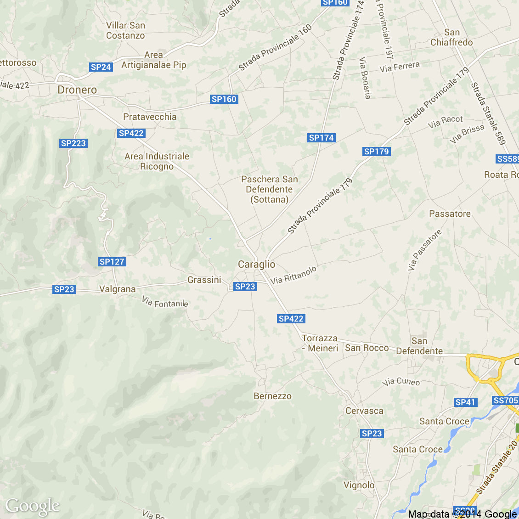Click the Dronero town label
[77, 90]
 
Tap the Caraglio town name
[256, 264]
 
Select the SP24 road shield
[101, 67]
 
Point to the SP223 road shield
[73, 143]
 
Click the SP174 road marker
[322, 138]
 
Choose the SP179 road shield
[376, 152]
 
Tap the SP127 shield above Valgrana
[112, 262]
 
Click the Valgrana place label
[118, 289]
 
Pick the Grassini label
[204, 280]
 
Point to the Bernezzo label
[272, 396]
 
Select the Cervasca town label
[364, 411]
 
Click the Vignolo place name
[359, 485]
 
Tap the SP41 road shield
[465, 402]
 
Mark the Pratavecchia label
[150, 117]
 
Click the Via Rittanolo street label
[293, 275]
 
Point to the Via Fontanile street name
[165, 302]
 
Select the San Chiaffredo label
[451, 37]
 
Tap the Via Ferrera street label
[400, 67]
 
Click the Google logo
[32, 506]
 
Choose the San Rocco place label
[367, 348]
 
